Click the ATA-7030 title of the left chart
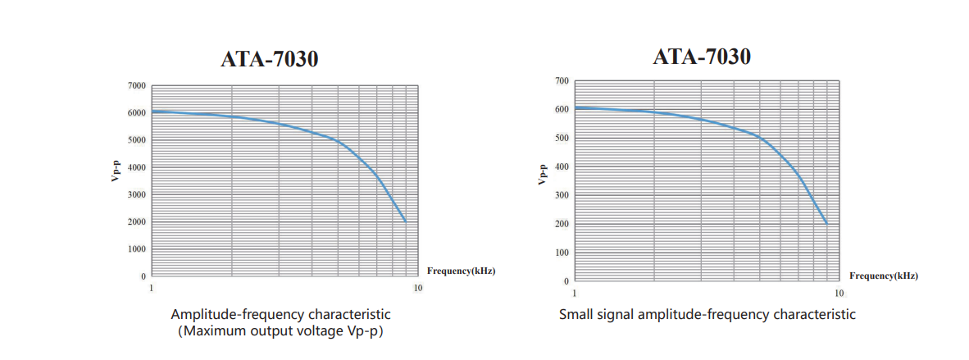[x=269, y=61]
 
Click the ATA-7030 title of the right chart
[x=702, y=57]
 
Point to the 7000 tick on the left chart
[x=136, y=85]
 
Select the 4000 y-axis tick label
[x=136, y=167]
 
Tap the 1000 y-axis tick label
[x=136, y=249]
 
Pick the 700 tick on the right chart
[x=561, y=80]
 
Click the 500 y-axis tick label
[x=561, y=138]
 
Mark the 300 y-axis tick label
[x=561, y=195]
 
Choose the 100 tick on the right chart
[x=561, y=253]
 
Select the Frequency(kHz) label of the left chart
[x=462, y=270]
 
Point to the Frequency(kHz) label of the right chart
[x=884, y=276]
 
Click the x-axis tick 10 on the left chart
[x=418, y=288]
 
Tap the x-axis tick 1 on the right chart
[x=574, y=293]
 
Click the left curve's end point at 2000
[x=405, y=221]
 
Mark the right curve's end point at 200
[x=826, y=224]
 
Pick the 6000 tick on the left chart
[x=136, y=112]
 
